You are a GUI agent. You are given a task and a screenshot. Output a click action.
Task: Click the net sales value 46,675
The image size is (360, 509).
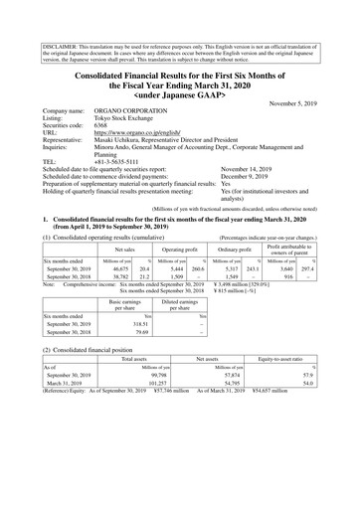coord(126,296)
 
